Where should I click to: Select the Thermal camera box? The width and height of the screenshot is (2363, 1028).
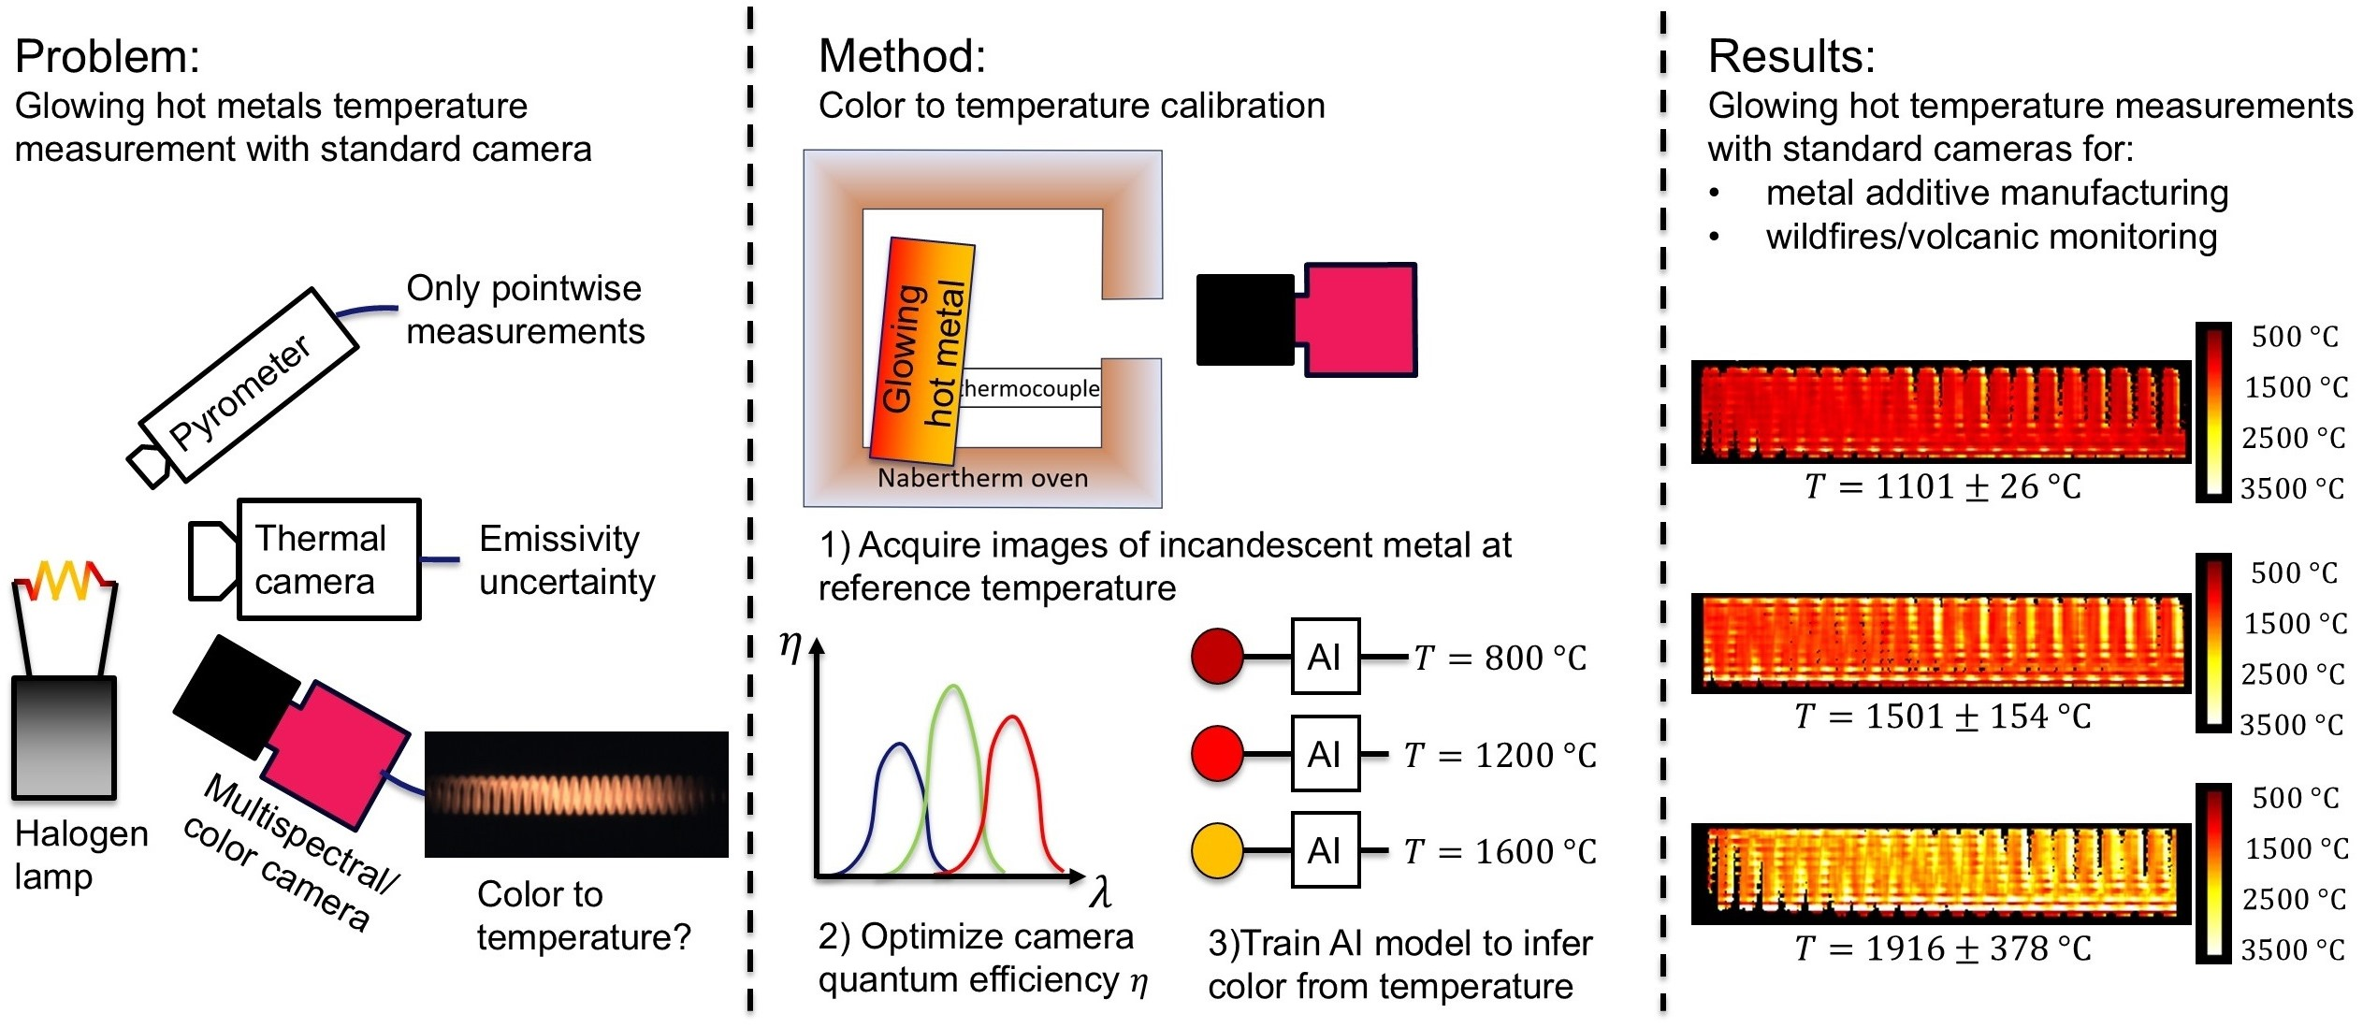(x=327, y=559)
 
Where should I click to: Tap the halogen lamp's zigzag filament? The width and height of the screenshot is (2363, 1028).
(x=64, y=580)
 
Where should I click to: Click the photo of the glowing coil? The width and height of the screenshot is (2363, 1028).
(x=576, y=794)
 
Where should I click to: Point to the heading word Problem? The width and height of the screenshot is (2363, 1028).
(x=107, y=57)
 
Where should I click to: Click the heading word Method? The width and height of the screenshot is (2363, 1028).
(x=901, y=57)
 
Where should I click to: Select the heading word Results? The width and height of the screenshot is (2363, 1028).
(x=1790, y=57)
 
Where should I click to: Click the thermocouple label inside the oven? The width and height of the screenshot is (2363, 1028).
(x=1031, y=388)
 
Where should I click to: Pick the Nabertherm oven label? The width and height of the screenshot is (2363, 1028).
(x=982, y=478)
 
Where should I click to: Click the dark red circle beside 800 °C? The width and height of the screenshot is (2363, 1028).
(x=1216, y=657)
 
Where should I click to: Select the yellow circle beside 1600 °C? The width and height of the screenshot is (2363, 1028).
(x=1216, y=850)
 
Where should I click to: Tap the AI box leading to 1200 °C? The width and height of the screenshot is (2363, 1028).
(x=1325, y=754)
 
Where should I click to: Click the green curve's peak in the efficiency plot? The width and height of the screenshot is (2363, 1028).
(x=953, y=689)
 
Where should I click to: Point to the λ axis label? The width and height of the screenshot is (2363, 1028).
(x=1101, y=894)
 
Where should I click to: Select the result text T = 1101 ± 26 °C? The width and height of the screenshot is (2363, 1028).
(x=1942, y=486)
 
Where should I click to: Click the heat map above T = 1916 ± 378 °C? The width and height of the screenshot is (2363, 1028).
(x=1940, y=873)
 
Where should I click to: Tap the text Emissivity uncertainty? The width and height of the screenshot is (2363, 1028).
(x=567, y=560)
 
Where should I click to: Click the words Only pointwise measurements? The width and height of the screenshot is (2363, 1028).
(x=525, y=310)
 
